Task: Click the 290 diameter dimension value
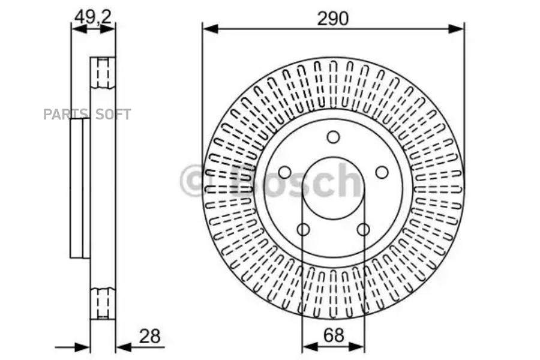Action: point(333,19)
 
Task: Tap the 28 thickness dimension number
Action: point(149,337)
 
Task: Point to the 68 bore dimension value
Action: point(334,335)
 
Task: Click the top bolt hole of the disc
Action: point(333,137)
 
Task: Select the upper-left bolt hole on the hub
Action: point(284,172)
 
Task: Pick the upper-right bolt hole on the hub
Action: point(382,172)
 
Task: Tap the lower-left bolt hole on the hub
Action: point(303,229)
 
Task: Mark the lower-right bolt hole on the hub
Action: point(363,229)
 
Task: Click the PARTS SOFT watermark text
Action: point(87,114)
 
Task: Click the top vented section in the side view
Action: point(103,72)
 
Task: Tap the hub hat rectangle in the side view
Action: point(80,188)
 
